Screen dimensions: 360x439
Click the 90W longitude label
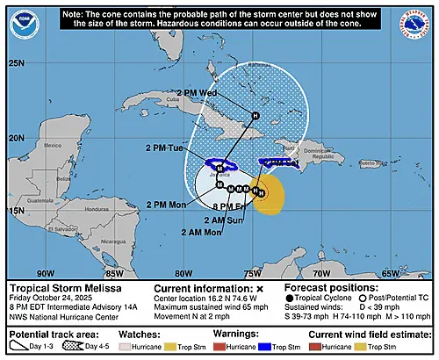[44, 273]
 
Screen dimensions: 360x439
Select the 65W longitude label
[388, 273]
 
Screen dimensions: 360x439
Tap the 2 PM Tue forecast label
[164, 148]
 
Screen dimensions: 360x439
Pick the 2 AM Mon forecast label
[182, 232]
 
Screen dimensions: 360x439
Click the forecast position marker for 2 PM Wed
[255, 115]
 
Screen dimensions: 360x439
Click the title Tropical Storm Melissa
[58, 287]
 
